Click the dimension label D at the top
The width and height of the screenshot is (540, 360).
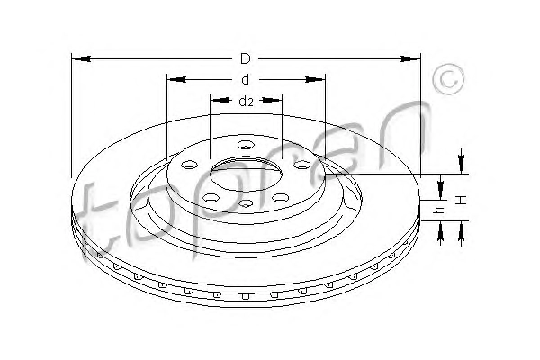pos(245,58)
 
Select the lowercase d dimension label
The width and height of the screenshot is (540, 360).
pos(245,79)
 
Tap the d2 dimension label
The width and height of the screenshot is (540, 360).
pos(246,101)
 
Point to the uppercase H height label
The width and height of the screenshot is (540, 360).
pos(461,200)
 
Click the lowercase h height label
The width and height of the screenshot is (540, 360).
pos(440,210)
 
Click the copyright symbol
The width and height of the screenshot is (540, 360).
pos(448,79)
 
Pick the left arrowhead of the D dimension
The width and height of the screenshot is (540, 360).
pos(82,58)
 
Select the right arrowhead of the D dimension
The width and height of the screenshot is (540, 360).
pos(410,58)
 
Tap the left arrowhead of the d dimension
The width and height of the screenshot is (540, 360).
pos(176,79)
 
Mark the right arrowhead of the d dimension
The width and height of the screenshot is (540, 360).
pos(315,79)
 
